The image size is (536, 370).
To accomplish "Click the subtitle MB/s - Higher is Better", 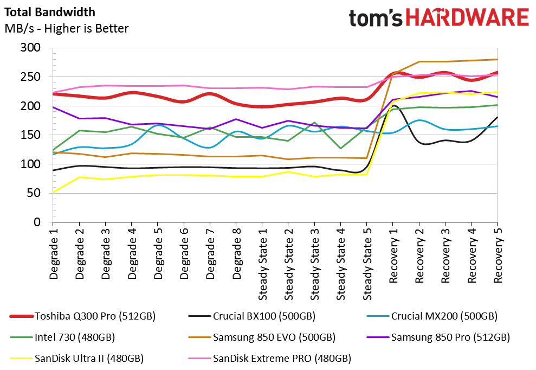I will point(67,28).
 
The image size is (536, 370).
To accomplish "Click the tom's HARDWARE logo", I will point(438,18).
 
